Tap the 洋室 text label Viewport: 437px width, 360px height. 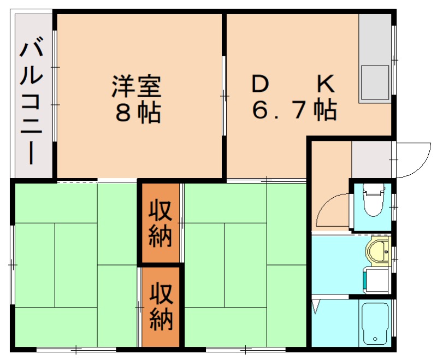click(136, 87)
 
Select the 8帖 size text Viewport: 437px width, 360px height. click(136, 113)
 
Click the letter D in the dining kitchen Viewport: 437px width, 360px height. click(261, 85)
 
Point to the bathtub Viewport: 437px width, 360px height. click(375, 323)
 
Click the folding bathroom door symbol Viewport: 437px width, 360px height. click(316, 306)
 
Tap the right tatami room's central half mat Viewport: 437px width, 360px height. click(245, 265)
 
